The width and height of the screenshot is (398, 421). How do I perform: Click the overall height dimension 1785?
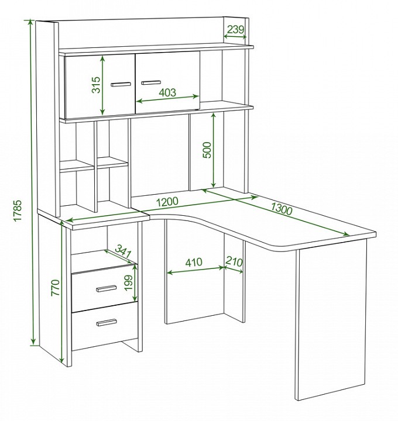click(17, 210)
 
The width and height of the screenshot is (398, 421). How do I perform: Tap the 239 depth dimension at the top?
click(235, 29)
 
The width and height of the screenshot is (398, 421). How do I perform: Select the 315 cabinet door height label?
click(96, 85)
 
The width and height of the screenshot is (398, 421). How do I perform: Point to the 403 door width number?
click(167, 92)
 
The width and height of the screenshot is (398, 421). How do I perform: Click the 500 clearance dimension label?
click(207, 150)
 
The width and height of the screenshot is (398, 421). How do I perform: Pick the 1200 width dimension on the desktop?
click(167, 202)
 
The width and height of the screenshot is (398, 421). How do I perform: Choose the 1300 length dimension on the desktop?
click(281, 209)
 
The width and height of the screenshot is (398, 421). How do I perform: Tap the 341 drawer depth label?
click(123, 251)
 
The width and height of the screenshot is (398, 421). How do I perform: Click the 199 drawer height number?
click(129, 282)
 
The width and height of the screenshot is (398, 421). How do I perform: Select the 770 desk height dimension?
click(55, 288)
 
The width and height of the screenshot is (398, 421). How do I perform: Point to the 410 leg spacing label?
click(194, 263)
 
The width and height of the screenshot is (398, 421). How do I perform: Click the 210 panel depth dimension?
click(234, 261)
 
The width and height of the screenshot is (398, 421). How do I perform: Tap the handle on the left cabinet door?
click(121, 84)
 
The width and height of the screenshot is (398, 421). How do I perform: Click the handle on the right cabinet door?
click(151, 82)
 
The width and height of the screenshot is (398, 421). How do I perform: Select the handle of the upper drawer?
click(107, 289)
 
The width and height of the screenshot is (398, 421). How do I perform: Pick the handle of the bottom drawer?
click(107, 322)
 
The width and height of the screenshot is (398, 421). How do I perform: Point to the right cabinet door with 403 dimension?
click(167, 82)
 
